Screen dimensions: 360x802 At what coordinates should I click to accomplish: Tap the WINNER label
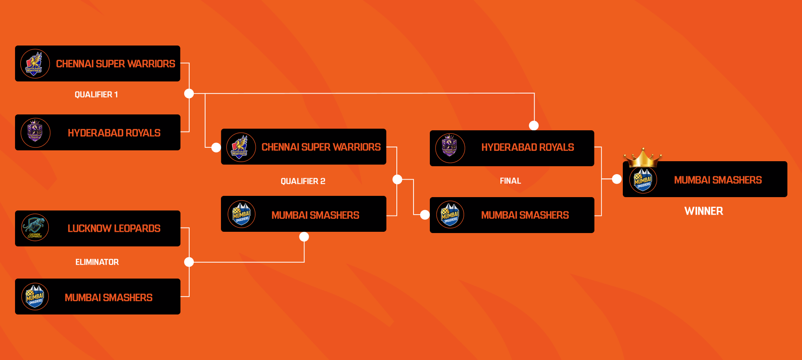[x=703, y=211]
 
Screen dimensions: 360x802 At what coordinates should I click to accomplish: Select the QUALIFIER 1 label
[x=96, y=95]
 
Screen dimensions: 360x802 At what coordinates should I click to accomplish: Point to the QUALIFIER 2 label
[x=303, y=181]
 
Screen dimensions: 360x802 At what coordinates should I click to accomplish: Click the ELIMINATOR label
[x=97, y=262]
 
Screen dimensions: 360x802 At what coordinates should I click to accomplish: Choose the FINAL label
[x=510, y=181]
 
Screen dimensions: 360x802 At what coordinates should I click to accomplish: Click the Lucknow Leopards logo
[x=35, y=228]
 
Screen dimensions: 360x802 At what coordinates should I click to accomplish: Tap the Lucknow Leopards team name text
[x=114, y=228]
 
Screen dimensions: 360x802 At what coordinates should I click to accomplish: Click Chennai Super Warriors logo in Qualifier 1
[x=35, y=63]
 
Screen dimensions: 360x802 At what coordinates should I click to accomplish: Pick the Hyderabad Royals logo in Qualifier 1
[x=35, y=132]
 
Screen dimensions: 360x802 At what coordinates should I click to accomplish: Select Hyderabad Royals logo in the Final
[x=450, y=148]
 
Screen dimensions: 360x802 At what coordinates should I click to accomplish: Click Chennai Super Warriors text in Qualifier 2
[x=321, y=147]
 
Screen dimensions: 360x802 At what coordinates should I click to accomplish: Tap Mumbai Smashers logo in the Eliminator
[x=35, y=297]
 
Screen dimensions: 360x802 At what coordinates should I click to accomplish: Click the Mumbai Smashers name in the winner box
[x=718, y=180]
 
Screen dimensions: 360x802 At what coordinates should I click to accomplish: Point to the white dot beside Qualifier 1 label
[x=189, y=94]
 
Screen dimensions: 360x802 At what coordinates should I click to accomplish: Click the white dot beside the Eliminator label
[x=189, y=262]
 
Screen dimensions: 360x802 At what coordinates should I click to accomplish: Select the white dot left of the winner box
[x=617, y=179]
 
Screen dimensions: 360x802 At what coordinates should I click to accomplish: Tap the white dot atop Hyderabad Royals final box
[x=534, y=125]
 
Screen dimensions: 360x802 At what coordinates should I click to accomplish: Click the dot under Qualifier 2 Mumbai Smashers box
[x=304, y=237]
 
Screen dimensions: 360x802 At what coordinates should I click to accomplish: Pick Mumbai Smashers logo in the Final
[x=450, y=215]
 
